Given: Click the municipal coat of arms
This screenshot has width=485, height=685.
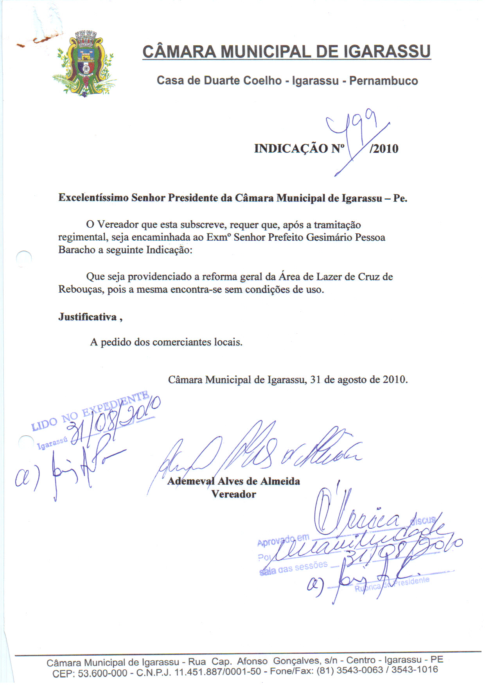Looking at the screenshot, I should click(84, 64).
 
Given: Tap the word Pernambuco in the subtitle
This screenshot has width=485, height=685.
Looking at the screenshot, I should click(383, 81).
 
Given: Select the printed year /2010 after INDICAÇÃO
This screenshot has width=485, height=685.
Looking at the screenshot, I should click(384, 149).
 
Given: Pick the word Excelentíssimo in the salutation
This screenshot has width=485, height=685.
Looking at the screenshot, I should click(93, 198).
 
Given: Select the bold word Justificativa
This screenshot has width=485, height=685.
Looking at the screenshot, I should click(88, 317).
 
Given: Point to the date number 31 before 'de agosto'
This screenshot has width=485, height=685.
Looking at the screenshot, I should click(316, 380).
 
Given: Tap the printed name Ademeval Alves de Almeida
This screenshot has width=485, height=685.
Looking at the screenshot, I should click(234, 481).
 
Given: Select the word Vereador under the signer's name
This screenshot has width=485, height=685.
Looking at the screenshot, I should click(234, 494).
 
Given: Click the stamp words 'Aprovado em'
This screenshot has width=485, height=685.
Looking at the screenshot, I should click(283, 540).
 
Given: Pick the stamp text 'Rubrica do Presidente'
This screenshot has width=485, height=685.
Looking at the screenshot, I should click(392, 585).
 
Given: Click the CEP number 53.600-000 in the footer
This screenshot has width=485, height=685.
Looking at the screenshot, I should click(102, 673).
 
